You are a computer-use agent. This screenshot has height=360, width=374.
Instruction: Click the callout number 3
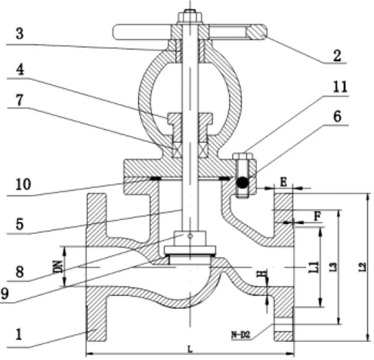[20, 33]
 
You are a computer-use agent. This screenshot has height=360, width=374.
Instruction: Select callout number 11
[340, 87]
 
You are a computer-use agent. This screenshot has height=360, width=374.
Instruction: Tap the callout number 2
[337, 56]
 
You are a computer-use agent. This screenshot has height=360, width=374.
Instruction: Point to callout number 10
[24, 184]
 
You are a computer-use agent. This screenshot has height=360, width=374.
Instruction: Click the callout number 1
[19, 334]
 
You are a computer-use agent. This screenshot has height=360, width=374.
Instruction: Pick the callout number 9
[4, 293]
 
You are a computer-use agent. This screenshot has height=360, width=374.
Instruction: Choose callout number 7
[19, 100]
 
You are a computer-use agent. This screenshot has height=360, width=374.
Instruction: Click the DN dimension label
[59, 266]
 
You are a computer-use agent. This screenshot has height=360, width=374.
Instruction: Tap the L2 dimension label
[363, 266]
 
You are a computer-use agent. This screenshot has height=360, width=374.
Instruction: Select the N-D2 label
[241, 335]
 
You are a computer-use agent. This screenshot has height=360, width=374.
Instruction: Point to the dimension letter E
[283, 182]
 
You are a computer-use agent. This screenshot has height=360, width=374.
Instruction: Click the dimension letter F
[317, 216]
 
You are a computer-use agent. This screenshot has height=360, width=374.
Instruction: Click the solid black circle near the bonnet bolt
[242, 183]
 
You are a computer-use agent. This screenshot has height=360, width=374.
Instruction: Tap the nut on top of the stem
[190, 16]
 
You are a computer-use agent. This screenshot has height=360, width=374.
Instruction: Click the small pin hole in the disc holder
[190, 236]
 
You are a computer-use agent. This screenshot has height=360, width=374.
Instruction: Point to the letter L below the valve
[190, 349]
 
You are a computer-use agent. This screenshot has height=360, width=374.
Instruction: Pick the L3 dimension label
[334, 267]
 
